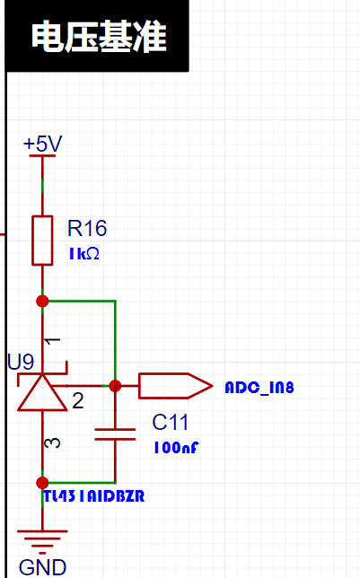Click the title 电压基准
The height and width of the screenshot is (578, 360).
[99, 36]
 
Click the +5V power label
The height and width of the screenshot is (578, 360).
[43, 144]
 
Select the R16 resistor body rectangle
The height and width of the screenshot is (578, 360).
[42, 241]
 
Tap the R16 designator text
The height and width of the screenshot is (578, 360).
[87, 228]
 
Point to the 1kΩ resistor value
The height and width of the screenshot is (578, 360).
[84, 254]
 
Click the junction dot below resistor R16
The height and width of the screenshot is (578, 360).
[42, 302]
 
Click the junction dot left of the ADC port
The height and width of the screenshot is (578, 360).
[115, 386]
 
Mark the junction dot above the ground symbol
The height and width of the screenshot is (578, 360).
[42, 483]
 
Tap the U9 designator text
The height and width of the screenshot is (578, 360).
[21, 362]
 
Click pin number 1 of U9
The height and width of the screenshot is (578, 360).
[52, 341]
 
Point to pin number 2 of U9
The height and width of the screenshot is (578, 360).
[78, 400]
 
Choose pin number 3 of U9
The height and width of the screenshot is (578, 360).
[52, 442]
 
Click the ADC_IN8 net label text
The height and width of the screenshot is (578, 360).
[259, 388]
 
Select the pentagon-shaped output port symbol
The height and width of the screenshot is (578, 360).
[176, 386]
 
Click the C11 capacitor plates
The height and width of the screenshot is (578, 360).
[115, 434]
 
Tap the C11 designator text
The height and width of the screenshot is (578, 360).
[170, 422]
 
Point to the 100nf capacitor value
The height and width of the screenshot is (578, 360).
[176, 448]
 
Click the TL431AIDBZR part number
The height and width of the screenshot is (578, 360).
[94, 496]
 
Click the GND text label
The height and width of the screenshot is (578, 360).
[42, 567]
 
